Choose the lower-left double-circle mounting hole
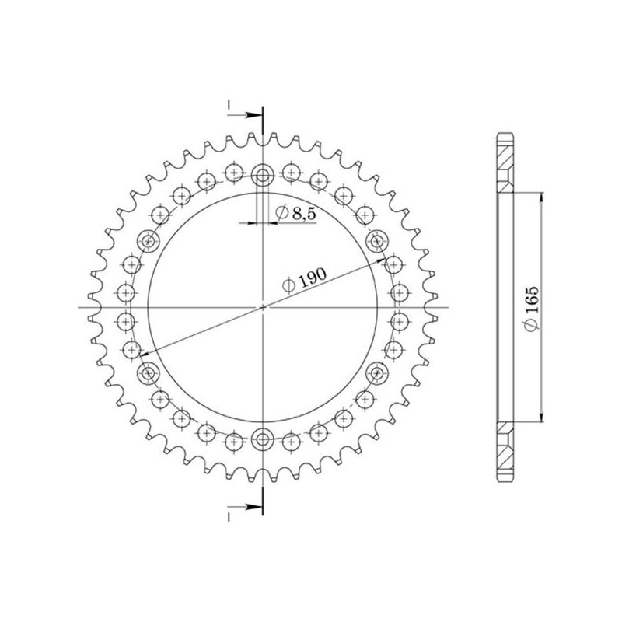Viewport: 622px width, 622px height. pos(147,375)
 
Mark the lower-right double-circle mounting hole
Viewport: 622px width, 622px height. pos(379,375)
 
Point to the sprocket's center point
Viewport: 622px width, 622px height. pos(263,308)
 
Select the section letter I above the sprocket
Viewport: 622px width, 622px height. pos(229,103)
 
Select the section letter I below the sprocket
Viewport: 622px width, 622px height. pos(229,515)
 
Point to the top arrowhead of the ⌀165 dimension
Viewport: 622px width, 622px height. pos(541,195)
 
